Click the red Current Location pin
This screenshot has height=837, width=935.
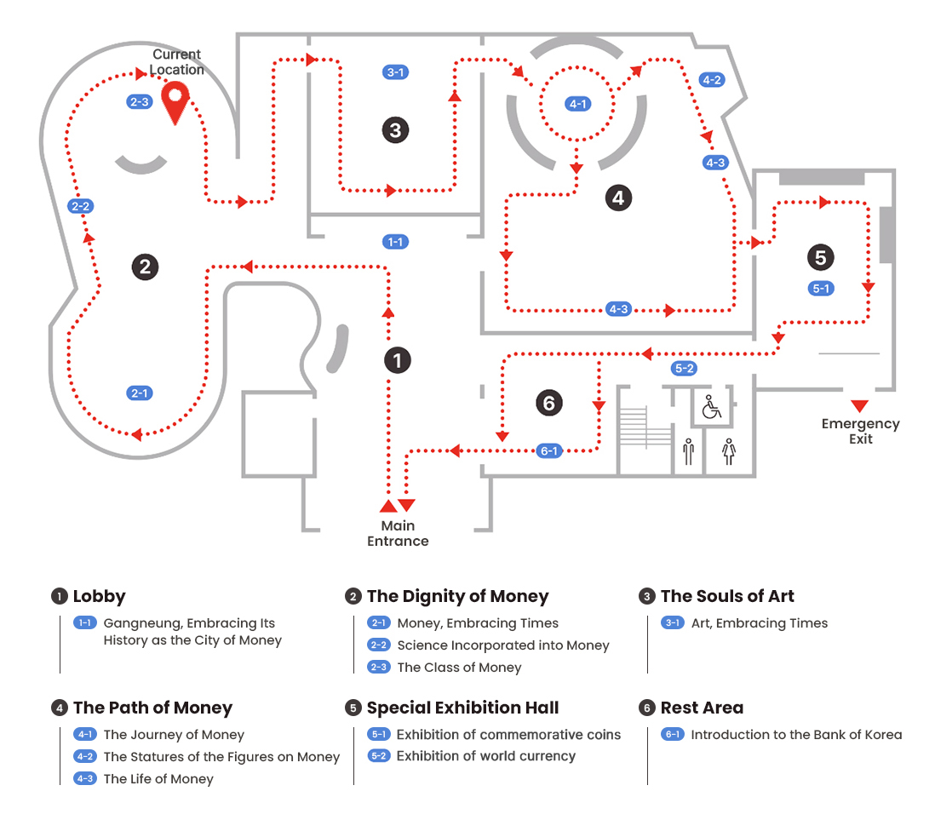175,101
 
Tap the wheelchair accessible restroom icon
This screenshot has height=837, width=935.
710,407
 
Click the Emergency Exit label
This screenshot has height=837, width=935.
860,431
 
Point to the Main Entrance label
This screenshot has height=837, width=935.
398,533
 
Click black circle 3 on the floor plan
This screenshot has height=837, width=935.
395,130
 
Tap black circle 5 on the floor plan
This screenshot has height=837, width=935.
820,256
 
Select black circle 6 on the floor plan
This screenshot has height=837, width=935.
549,403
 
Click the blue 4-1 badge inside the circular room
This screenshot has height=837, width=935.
578,104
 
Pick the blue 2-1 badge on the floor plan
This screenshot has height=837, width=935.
140,393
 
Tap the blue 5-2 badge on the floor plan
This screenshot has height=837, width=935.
684,369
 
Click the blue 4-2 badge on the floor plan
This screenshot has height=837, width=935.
711,80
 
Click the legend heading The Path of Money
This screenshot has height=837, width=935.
152,708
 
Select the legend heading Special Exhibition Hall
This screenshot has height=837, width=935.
462,708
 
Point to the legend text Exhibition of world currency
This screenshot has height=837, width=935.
485,756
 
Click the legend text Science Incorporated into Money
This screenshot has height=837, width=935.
502,645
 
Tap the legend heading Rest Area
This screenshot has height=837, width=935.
702,708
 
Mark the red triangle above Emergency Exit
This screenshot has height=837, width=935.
859,405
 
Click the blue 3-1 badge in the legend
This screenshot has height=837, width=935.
673,623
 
